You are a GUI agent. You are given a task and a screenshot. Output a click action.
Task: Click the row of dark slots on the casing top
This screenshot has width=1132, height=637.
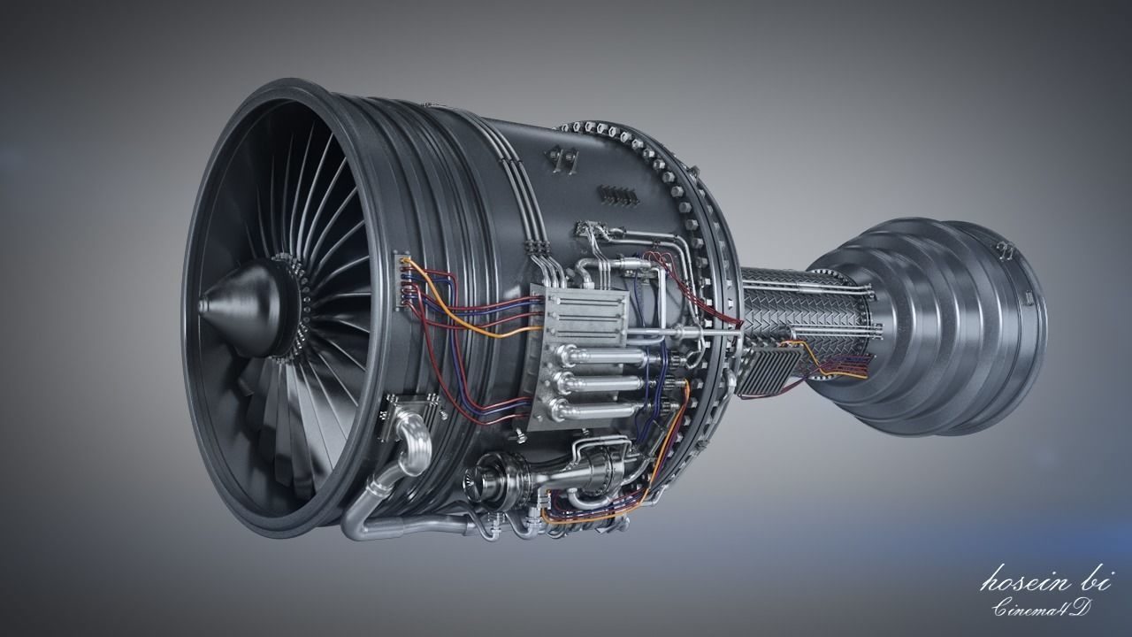[617, 194]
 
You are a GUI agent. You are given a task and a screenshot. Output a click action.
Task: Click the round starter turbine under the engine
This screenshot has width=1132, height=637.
[489, 480]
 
